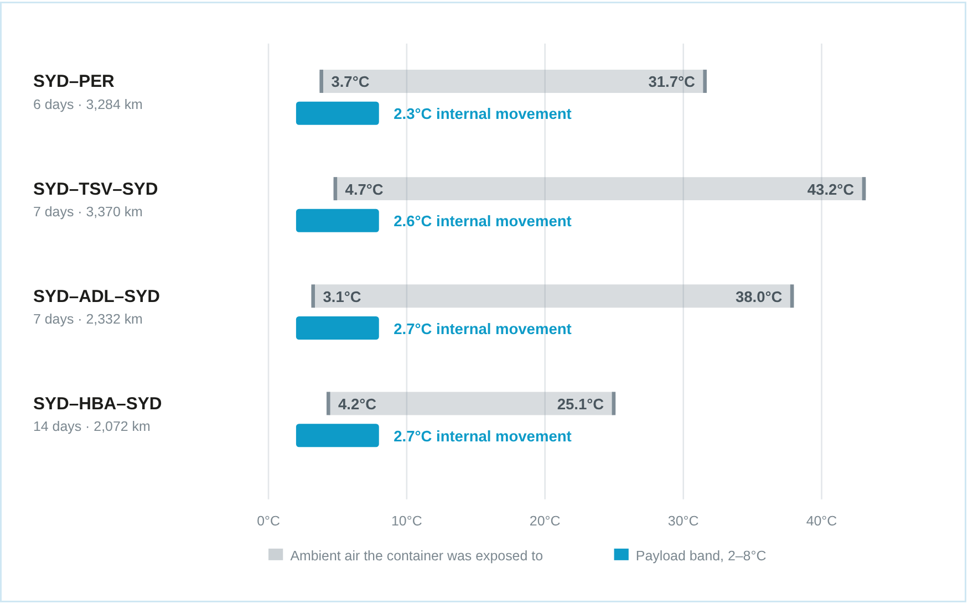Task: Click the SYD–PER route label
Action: coord(74,81)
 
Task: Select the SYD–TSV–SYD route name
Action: coord(95,189)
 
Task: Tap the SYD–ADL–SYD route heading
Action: coord(96,296)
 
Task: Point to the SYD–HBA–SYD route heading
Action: coord(97,404)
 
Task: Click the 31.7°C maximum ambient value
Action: coord(671,82)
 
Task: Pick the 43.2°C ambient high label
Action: coord(830,189)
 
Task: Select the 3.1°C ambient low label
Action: coord(341,297)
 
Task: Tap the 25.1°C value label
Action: coord(580,404)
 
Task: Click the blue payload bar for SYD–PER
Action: coord(338,113)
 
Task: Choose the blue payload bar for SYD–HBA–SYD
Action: coord(338,435)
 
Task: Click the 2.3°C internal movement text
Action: coord(482,114)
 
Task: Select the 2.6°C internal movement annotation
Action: coord(482,221)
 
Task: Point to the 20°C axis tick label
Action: coord(545,521)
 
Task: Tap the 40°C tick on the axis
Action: coord(821,521)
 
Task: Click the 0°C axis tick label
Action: coord(268,521)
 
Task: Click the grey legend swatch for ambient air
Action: coord(276,555)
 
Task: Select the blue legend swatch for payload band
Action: coord(622,555)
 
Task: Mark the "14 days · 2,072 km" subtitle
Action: coord(92,426)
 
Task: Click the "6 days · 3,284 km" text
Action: coord(88,105)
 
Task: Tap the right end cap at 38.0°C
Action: coord(792,296)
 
